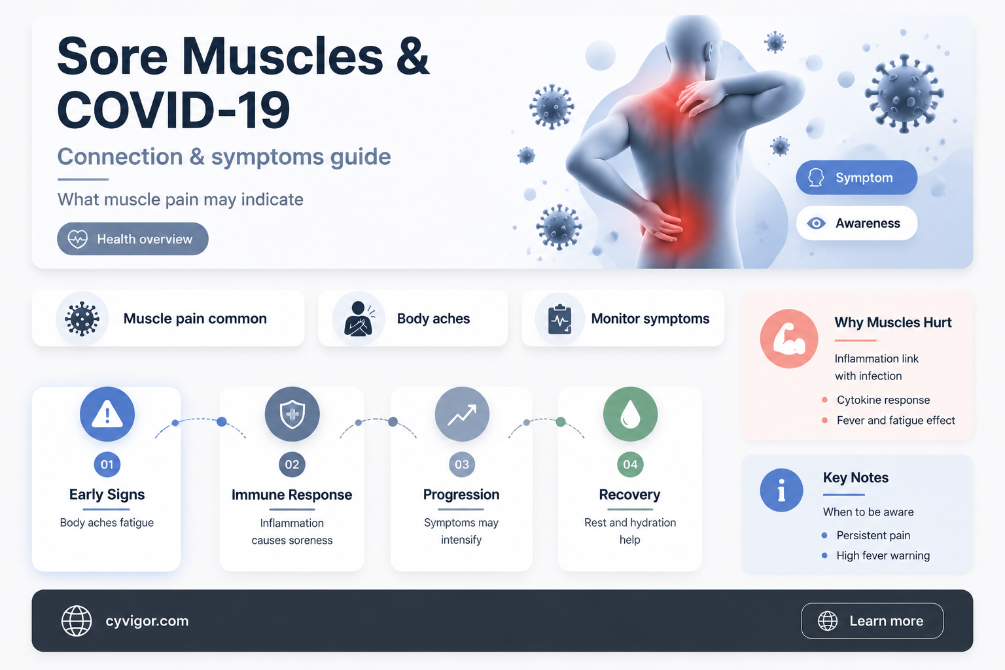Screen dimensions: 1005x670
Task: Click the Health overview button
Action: coord(132,239)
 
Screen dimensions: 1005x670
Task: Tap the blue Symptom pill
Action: coord(856,177)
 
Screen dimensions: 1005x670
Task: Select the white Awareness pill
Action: coord(856,223)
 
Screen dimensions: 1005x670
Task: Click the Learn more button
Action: coord(872,621)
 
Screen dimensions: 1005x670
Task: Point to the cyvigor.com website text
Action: coord(147,621)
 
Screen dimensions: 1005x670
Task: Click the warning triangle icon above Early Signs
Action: coord(107,414)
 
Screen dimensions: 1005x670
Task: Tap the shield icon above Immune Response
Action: coord(292,414)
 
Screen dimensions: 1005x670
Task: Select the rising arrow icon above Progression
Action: coord(462,414)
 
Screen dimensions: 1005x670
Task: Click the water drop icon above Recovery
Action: coord(630,414)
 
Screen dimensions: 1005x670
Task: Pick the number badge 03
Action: coord(462,465)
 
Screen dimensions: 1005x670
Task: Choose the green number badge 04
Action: coord(630,465)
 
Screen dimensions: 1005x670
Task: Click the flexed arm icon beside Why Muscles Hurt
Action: coord(788,339)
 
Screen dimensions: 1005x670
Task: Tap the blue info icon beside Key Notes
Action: coord(782,490)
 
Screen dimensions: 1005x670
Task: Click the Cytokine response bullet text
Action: coord(883,400)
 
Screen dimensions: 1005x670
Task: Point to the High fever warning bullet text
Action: coord(883,555)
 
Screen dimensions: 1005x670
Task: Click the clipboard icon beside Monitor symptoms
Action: coord(559,319)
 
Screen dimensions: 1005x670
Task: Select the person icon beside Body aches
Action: coord(358,319)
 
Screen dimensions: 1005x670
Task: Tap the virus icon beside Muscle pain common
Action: coord(82,319)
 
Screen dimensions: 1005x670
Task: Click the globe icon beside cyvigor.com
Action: coord(77,621)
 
